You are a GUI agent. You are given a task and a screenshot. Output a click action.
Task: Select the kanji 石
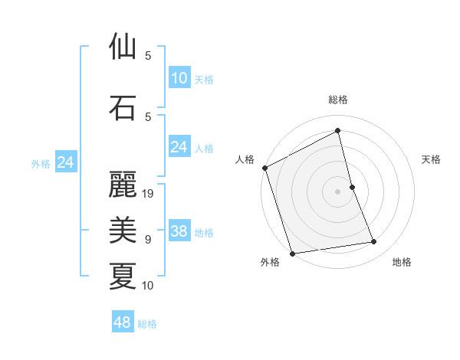(x=123, y=107)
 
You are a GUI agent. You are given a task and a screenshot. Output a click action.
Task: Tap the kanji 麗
(x=123, y=184)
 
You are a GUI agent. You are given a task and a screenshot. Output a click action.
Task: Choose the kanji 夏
(x=123, y=275)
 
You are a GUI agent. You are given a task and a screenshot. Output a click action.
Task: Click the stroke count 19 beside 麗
(x=149, y=194)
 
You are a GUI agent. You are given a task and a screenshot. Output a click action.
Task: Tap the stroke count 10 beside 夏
(x=149, y=286)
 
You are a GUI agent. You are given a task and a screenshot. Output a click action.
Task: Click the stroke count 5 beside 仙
(x=148, y=56)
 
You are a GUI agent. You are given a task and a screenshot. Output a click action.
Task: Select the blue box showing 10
(x=179, y=78)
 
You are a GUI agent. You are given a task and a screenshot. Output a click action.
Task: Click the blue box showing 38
(x=179, y=231)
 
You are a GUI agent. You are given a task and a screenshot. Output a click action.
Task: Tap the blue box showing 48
(x=123, y=322)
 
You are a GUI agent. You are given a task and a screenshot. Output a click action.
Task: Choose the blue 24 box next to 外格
(x=66, y=162)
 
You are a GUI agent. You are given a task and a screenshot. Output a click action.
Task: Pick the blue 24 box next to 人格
(x=179, y=147)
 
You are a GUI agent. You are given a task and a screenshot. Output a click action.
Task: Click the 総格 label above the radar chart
(x=338, y=100)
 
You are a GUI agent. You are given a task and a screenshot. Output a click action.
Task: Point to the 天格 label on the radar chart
(x=432, y=159)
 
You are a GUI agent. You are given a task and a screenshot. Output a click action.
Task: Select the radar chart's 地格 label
(x=402, y=262)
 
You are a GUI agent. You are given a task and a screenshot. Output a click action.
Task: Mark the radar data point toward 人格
(x=264, y=169)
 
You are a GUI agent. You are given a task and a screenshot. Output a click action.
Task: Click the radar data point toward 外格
(x=292, y=253)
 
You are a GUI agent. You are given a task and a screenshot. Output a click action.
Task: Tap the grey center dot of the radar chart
(x=338, y=191)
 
